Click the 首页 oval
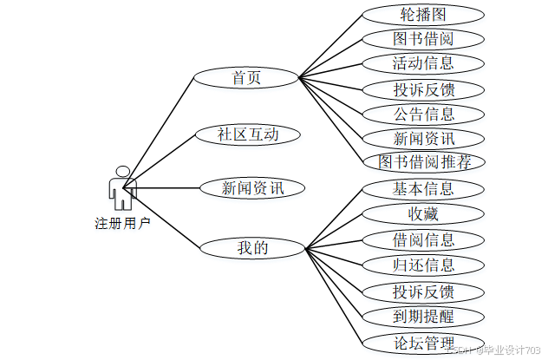(246, 77)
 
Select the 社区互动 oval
(247, 134)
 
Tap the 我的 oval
(252, 248)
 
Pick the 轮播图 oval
(422, 15)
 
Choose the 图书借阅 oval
(422, 39)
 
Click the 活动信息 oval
(422, 63)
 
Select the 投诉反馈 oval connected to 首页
(422, 88)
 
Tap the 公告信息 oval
(422, 113)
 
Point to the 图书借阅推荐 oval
(424, 161)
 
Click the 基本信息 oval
(422, 188)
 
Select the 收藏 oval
(422, 213)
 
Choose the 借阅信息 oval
(422, 239)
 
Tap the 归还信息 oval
(422, 265)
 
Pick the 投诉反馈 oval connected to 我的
(422, 291)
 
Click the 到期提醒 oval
(422, 317)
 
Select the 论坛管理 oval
(422, 341)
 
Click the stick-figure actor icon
(122, 187)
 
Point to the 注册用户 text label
(122, 223)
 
